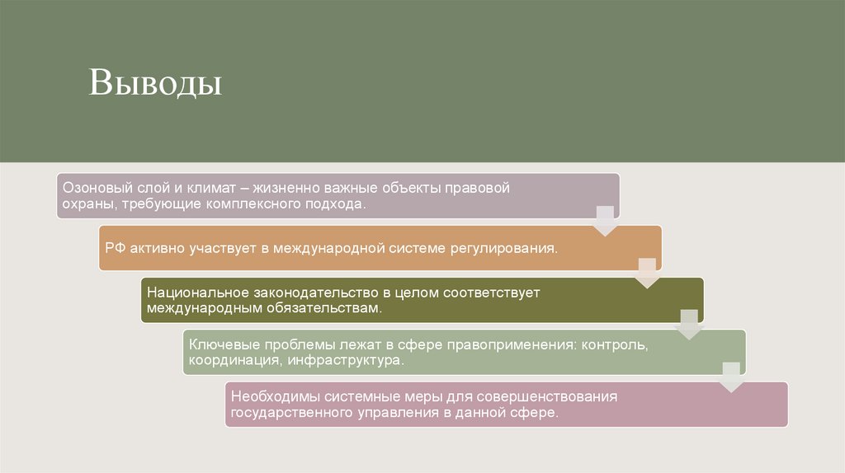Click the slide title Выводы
click(x=156, y=83)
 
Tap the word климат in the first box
click(x=205, y=188)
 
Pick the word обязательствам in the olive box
click(x=330, y=308)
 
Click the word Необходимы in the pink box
click(x=268, y=396)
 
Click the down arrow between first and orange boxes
click(x=606, y=221)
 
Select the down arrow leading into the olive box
click(x=648, y=273)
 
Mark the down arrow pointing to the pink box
click(x=732, y=377)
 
